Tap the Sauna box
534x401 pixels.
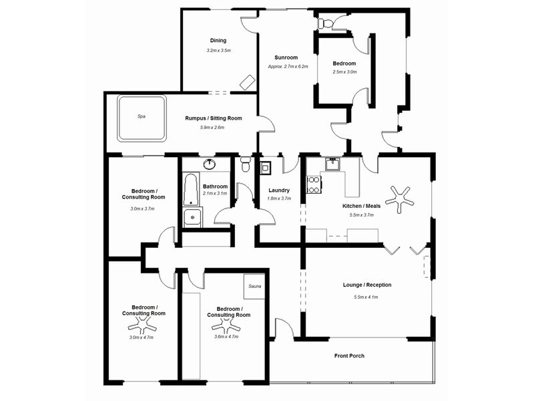click(254, 287)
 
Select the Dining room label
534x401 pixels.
click(218, 40)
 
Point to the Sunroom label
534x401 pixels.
click(286, 57)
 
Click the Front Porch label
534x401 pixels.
click(349, 356)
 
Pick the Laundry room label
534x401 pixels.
click(279, 190)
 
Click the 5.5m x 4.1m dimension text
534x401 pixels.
click(366, 297)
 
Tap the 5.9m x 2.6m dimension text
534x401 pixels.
click(212, 128)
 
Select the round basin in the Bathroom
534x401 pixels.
click(210, 164)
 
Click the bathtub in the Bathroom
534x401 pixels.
click(191, 190)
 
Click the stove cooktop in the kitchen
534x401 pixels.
click(313, 184)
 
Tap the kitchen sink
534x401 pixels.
click(332, 164)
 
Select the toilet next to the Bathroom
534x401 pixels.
click(245, 164)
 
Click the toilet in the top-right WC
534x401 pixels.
click(325, 23)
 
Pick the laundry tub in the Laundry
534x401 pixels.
click(265, 168)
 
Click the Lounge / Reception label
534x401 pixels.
click(366, 285)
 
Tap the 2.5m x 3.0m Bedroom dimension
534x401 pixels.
click(344, 72)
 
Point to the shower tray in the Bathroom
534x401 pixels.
click(192, 218)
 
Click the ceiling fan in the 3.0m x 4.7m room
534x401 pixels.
click(142, 325)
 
